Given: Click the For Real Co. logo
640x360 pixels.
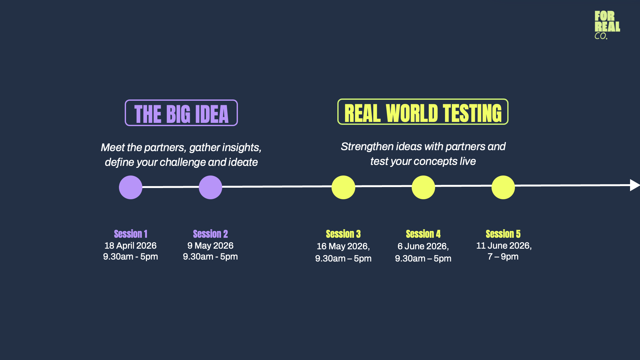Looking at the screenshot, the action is tap(607, 25).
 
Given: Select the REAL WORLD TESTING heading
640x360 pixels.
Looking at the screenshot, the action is tap(423, 112).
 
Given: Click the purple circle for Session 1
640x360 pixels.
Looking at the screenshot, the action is tap(131, 187).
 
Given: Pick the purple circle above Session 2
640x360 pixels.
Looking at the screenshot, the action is tap(210, 187).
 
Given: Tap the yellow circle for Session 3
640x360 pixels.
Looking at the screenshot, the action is tap(343, 187).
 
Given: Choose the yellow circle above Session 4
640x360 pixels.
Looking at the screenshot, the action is tap(423, 187).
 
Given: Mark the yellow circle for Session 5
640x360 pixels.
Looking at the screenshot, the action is tap(503, 187).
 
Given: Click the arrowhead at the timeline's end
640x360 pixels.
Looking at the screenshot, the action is tap(635, 185).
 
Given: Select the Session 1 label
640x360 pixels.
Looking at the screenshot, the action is tap(131, 234).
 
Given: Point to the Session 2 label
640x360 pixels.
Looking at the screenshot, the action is tap(210, 234).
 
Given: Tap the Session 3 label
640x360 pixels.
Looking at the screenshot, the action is tap(343, 234).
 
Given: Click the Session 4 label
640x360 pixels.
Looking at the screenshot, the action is tap(423, 234).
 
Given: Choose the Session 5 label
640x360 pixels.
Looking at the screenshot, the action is tap(503, 234).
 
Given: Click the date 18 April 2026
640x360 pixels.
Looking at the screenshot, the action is tap(131, 246).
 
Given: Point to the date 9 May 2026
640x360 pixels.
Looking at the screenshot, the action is tap(210, 246).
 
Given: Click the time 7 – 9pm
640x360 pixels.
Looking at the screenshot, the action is tap(503, 257).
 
